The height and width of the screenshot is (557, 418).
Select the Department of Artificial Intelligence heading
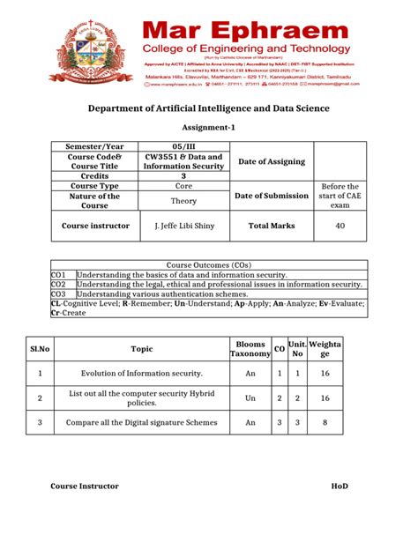point(208,108)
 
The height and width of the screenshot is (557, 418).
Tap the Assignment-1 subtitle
point(208,127)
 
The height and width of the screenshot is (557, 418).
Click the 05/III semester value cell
point(183,146)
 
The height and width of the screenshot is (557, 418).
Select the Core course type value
point(183,187)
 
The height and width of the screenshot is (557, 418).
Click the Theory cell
point(183,201)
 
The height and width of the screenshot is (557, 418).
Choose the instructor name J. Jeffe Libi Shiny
point(183,226)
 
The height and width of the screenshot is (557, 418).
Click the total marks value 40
point(340,226)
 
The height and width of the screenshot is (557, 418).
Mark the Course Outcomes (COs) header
point(208,264)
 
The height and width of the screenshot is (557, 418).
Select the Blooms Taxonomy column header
point(250,349)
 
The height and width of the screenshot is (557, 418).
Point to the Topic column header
point(142,349)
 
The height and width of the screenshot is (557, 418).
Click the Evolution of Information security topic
point(142,374)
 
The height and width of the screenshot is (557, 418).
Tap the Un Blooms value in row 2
point(250,398)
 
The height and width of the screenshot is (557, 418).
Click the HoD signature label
point(340,486)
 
